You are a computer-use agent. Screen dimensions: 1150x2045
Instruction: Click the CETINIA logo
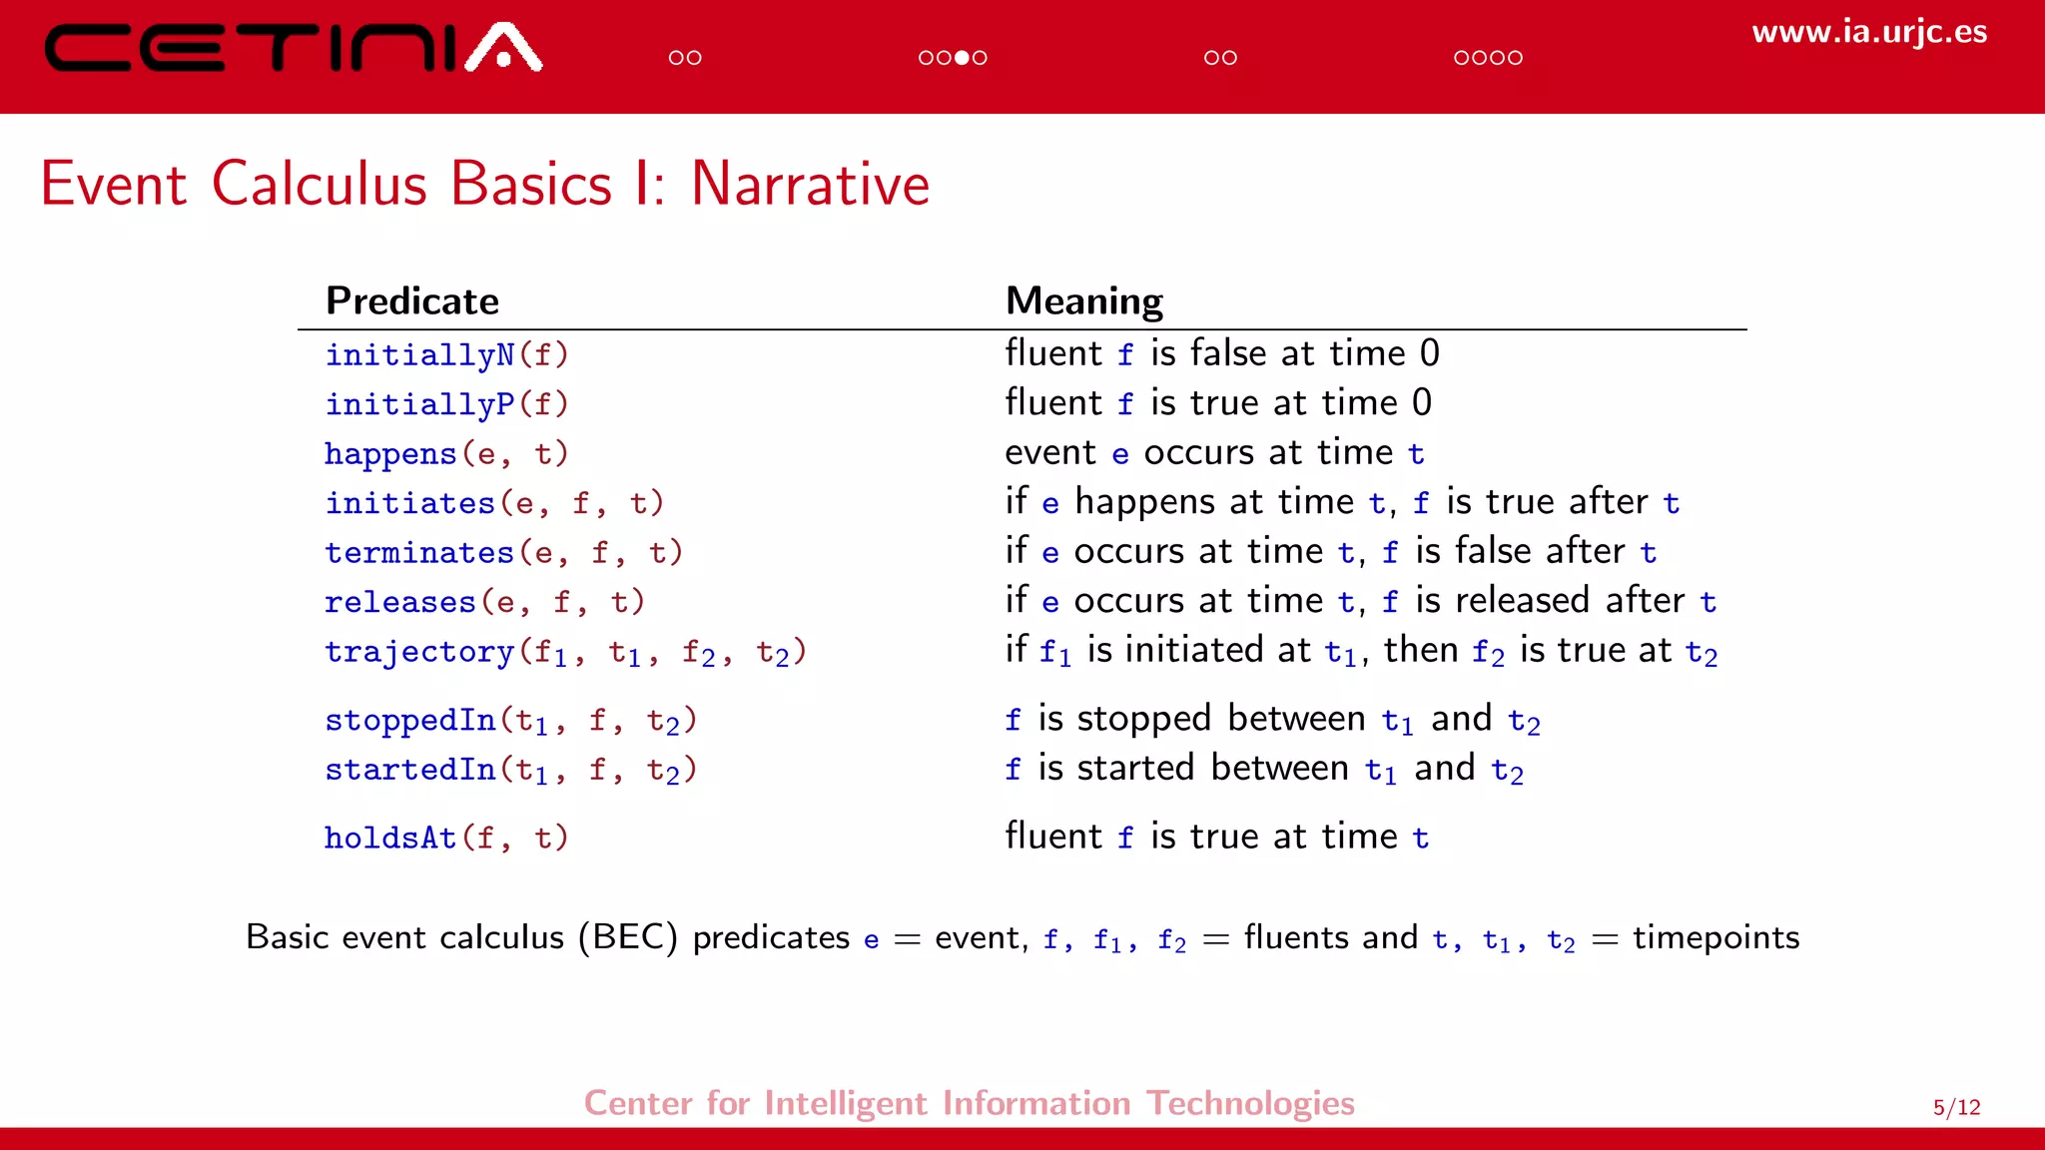[x=293, y=48]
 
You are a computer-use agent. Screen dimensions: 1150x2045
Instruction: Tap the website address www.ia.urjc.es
[x=1868, y=32]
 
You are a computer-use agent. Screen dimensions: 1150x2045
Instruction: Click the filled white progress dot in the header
[x=962, y=58]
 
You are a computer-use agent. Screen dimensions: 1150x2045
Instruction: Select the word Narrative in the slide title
[x=810, y=185]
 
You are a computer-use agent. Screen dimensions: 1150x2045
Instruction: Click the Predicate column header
[x=411, y=301]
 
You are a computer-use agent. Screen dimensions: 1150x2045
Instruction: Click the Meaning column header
[x=1083, y=301]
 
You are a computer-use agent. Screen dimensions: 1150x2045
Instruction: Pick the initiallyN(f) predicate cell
[x=446, y=355]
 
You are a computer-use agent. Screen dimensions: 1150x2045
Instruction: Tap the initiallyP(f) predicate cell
[x=446, y=404]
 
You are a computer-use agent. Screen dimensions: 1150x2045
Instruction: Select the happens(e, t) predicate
[x=446, y=454]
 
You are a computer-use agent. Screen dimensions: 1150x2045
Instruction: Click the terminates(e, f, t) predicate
[x=503, y=553]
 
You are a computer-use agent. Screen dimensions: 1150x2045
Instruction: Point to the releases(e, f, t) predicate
[x=484, y=602]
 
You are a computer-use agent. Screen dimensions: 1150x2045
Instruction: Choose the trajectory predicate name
[x=419, y=652]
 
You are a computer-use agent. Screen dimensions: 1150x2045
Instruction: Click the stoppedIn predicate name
[x=409, y=720]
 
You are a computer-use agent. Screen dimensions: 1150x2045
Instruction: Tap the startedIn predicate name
[x=409, y=770]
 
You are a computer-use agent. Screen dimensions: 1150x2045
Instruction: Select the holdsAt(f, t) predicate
[x=446, y=838]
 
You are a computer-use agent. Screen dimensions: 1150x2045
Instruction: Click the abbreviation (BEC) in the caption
[x=628, y=937]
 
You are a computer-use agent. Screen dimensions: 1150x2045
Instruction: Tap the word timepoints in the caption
[x=1715, y=938]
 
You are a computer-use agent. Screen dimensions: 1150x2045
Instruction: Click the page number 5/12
[x=1956, y=1107]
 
